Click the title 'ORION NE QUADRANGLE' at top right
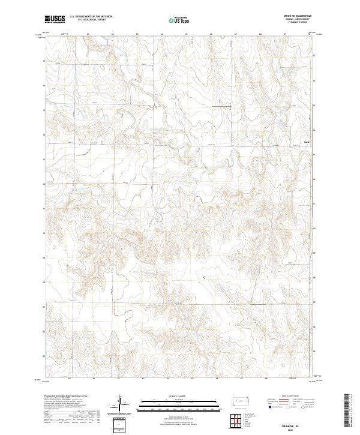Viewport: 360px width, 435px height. pos(301,16)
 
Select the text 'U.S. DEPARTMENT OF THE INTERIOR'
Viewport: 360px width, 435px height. pos(91,16)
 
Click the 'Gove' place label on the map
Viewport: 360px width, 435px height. pos(307,142)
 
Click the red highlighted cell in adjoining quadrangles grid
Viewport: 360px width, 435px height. pos(241,421)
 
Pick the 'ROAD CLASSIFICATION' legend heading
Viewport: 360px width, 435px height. pos(290,397)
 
